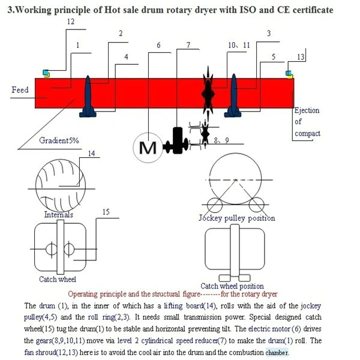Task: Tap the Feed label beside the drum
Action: tap(20, 90)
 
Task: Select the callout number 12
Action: tap(71, 22)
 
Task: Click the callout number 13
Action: tap(301, 57)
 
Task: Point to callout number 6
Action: tap(158, 46)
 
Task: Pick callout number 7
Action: tap(188, 46)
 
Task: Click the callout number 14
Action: tap(91, 154)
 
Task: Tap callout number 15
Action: tap(106, 212)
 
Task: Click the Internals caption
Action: tap(59, 214)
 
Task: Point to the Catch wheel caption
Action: tap(58, 279)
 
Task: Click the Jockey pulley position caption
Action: tap(236, 218)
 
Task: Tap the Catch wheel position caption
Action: tap(232, 286)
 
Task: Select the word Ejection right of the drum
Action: tap(307, 110)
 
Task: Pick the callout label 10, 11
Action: tap(239, 46)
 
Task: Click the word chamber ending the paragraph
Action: tap(277, 352)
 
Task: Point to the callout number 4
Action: tap(126, 57)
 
